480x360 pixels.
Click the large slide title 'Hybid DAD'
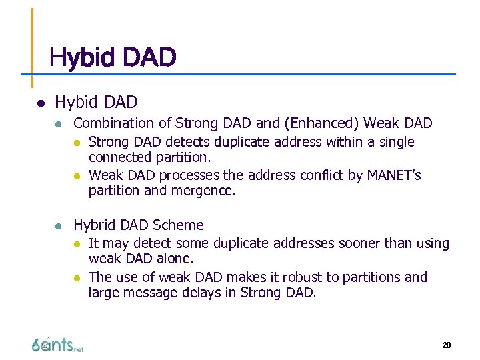tap(113, 57)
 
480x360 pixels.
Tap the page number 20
tap(446, 345)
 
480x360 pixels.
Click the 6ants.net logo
tap(57, 344)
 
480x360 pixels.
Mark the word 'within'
tap(341, 142)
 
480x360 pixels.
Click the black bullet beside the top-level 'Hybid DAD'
tap(40, 103)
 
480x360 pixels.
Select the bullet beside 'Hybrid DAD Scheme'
tap(59, 226)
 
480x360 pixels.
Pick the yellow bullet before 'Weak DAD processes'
tap(77, 176)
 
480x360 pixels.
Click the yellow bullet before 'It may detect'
tap(77, 244)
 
